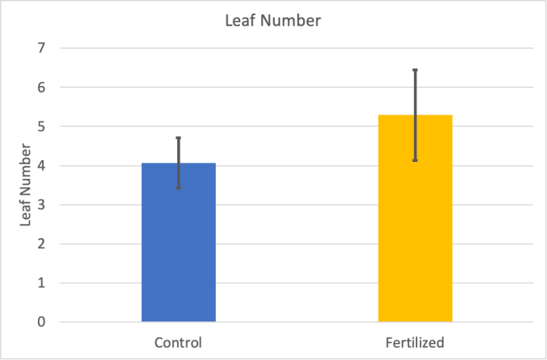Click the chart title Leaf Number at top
273,21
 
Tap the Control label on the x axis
178,342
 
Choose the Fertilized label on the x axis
415,342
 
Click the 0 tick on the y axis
41,322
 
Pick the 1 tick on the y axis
41,283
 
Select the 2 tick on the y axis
41,244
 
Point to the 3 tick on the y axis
41,205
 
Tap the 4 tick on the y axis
41,166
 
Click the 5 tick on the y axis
41,126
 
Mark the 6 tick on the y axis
41,87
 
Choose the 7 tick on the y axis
41,48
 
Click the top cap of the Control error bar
178,138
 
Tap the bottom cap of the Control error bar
178,188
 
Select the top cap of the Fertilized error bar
415,70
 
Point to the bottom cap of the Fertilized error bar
415,161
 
